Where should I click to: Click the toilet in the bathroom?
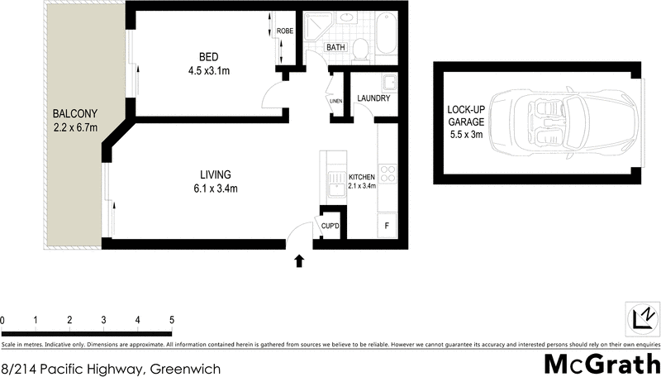[x=359, y=51]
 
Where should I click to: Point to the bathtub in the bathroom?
[x=385, y=36]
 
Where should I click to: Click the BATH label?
[x=335, y=48]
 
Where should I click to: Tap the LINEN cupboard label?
[x=335, y=102]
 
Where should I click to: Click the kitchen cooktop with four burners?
[x=387, y=174]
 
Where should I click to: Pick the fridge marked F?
[x=386, y=224]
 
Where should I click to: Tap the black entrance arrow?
[x=299, y=261]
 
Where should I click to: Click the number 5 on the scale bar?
[x=171, y=319]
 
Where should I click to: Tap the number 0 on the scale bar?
[x=2, y=319]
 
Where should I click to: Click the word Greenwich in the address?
[x=185, y=369]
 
